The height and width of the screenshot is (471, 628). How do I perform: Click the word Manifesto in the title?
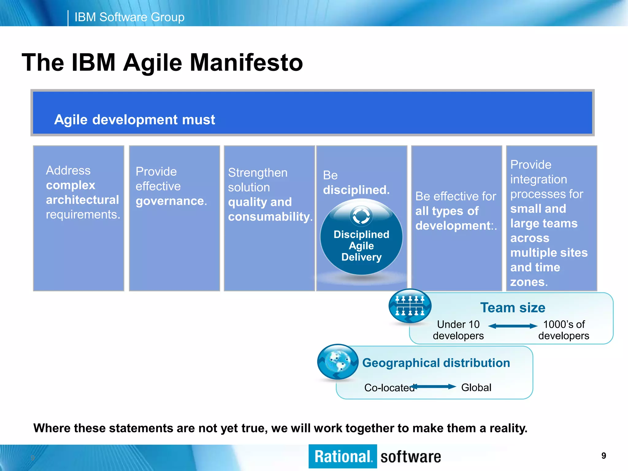coord(246,63)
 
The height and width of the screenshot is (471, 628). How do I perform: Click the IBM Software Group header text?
coord(129,17)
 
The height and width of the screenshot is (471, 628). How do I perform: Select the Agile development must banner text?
coord(134,120)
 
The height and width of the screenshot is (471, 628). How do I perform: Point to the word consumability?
coord(269,217)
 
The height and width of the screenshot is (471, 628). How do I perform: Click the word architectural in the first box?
coord(82,200)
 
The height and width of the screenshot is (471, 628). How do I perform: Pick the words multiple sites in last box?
coord(549,253)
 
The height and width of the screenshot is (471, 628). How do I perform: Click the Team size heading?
coord(512,308)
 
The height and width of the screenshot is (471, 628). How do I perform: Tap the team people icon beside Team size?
coord(410,306)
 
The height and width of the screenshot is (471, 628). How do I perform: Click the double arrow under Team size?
coord(512,326)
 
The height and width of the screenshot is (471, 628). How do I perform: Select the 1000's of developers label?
coord(564,330)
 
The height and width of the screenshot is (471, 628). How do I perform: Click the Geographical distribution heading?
coord(436,363)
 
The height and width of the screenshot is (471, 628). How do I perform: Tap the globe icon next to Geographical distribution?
coord(338,362)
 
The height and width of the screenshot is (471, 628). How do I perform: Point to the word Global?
coord(476,388)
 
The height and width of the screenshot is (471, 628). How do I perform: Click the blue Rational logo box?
coord(343,456)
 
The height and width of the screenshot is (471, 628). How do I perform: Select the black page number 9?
coord(603,456)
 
